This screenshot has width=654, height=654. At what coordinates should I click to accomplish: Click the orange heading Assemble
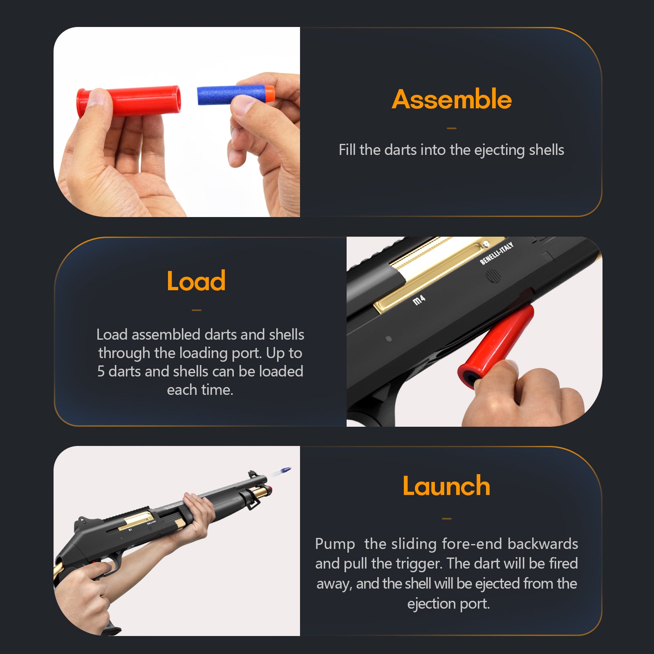point(452,99)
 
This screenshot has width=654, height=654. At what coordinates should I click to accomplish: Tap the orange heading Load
point(196,281)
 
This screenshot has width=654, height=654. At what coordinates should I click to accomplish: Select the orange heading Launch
point(446,486)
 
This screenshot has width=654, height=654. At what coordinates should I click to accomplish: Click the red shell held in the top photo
point(128,101)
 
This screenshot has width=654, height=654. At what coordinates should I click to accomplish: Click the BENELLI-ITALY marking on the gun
point(496,253)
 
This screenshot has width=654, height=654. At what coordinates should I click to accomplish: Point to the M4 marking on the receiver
point(419,300)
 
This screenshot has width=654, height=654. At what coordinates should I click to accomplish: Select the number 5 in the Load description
point(101,372)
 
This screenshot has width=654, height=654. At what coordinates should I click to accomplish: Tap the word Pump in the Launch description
point(335,544)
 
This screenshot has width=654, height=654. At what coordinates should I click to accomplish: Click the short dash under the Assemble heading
point(452,128)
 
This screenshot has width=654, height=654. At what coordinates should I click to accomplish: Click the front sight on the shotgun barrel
point(252,475)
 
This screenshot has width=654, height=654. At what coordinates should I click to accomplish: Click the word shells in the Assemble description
point(546,150)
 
